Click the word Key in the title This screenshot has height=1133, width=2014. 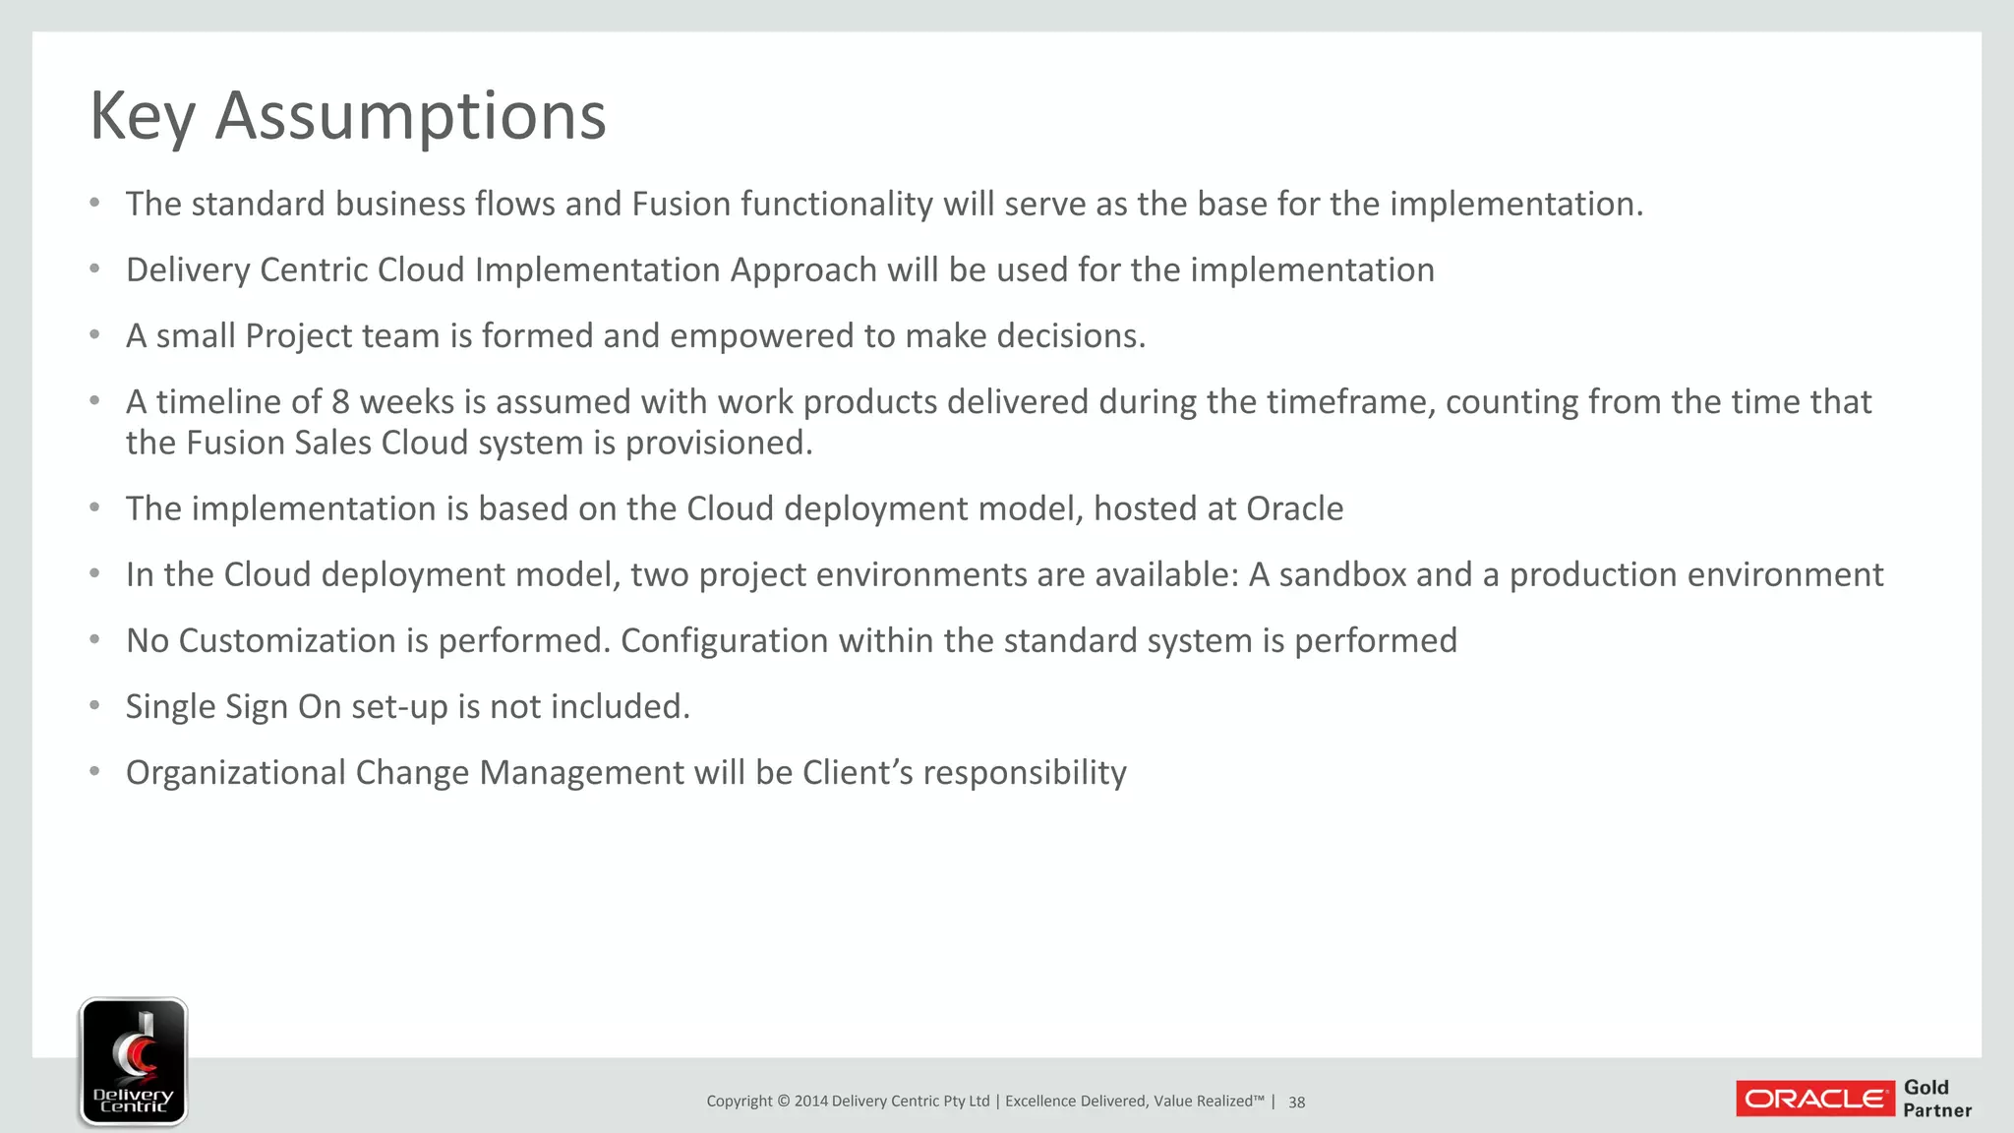pos(143,116)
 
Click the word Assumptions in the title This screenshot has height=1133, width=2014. pos(410,116)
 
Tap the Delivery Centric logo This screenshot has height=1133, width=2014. pos(133,1061)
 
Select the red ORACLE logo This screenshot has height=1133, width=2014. pos(1814,1099)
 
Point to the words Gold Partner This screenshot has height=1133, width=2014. pos(1936,1099)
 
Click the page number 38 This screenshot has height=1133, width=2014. pos(1296,1103)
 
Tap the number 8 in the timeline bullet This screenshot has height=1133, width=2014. pos(340,402)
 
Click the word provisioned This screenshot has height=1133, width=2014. pos(719,444)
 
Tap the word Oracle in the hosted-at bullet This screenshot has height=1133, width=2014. pos(1294,509)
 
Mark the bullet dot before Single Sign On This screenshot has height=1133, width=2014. pos(94,706)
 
